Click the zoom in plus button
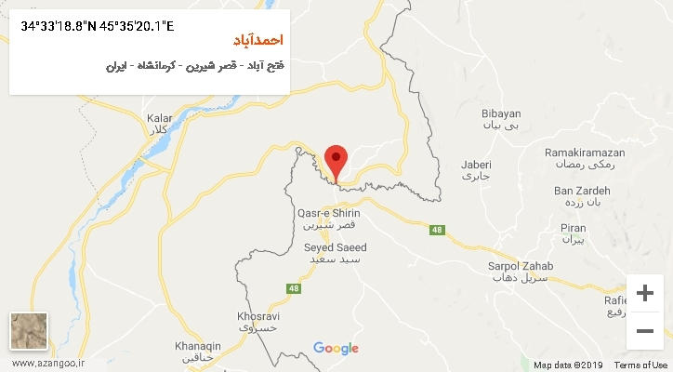click(x=644, y=293)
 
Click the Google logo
click(x=336, y=349)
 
